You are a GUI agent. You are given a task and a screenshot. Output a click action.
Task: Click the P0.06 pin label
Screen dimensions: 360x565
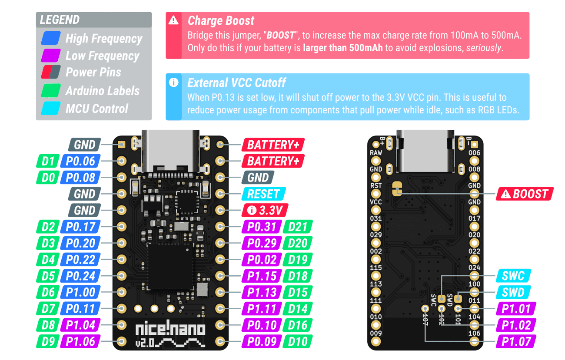[81, 162]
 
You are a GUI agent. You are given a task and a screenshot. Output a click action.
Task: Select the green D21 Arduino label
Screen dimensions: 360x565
[298, 227]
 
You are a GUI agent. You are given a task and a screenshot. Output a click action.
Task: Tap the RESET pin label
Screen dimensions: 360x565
[263, 194]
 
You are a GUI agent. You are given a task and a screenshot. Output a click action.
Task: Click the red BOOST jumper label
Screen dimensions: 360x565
[525, 194]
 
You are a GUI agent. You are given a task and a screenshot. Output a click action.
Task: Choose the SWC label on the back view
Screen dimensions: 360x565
[513, 276]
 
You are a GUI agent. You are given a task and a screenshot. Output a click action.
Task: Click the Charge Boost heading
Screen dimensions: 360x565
[221, 21]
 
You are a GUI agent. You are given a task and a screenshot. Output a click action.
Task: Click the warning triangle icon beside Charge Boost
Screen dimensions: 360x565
[174, 20]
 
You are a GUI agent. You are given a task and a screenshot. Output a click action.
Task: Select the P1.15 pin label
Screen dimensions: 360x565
[262, 276]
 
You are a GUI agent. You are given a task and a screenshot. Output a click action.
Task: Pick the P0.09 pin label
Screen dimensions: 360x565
[262, 341]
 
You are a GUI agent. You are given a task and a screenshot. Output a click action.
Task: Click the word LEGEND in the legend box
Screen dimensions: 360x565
[60, 20]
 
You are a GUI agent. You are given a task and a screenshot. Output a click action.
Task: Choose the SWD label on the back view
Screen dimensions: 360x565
[513, 292]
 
